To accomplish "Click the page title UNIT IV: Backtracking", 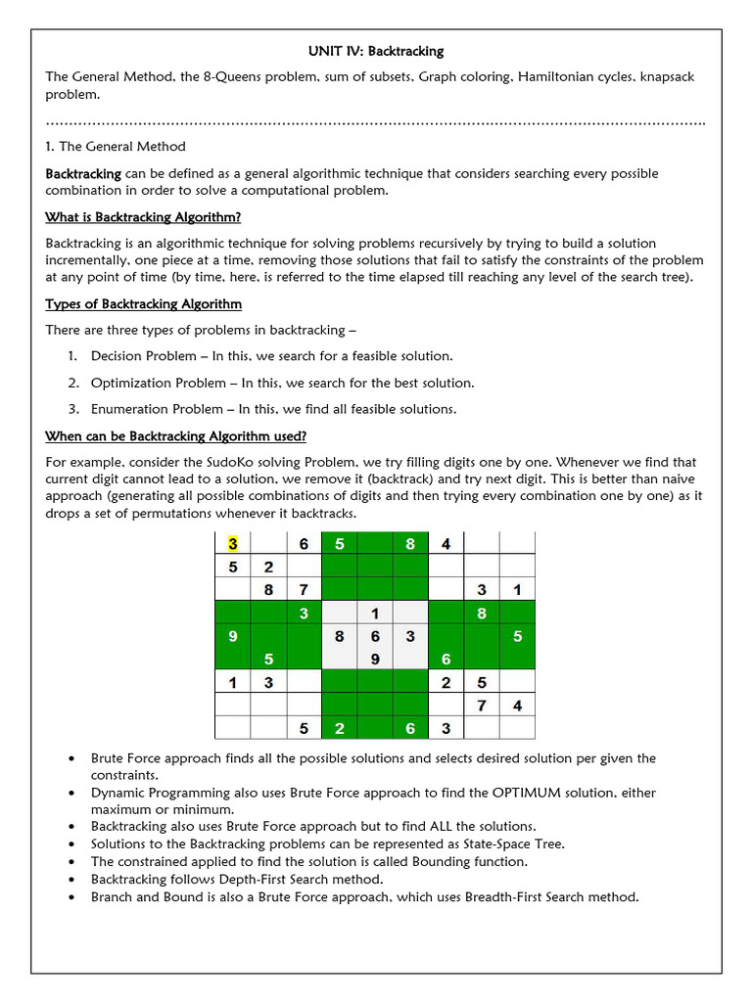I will click(x=375, y=51).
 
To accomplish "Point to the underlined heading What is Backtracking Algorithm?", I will click(x=143, y=216).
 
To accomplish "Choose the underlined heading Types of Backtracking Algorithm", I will click(x=143, y=304).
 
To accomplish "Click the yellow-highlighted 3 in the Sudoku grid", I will click(x=233, y=543).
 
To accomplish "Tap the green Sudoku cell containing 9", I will click(x=233, y=636).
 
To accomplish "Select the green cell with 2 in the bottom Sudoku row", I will click(x=340, y=728).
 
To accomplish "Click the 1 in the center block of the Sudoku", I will click(x=374, y=614).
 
